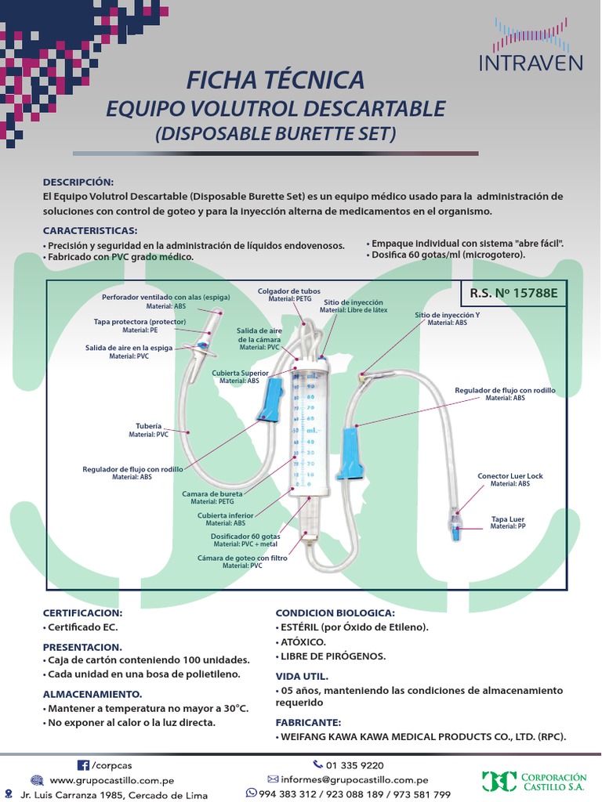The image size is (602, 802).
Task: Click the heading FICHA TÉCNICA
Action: pyautogui.click(x=275, y=80)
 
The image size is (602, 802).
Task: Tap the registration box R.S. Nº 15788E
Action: pyautogui.click(x=513, y=294)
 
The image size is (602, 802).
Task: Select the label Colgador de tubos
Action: pyautogui.click(x=288, y=291)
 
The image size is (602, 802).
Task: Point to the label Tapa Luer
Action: pyautogui.click(x=508, y=519)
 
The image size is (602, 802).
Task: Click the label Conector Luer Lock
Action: pyautogui.click(x=510, y=476)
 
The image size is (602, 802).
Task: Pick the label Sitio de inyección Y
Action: pyautogui.click(x=447, y=315)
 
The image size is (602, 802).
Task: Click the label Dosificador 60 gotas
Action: pyautogui.click(x=246, y=536)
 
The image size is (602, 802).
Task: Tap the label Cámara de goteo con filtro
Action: pyautogui.click(x=242, y=558)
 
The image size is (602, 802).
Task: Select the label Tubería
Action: pyautogui.click(x=148, y=426)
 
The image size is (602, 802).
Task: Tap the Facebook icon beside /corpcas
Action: pyautogui.click(x=82, y=765)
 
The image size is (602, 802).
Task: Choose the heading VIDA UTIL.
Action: pyautogui.click(x=302, y=676)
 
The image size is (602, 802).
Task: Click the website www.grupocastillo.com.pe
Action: pyautogui.click(x=111, y=781)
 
